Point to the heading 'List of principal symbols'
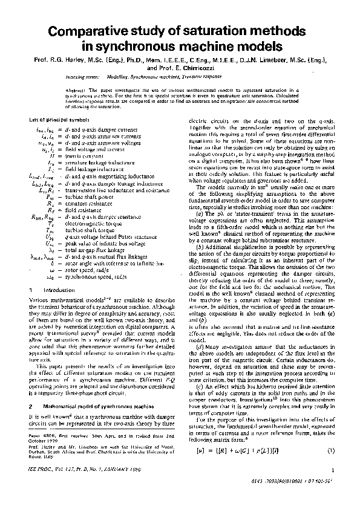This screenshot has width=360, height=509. pyautogui.click(x=55, y=120)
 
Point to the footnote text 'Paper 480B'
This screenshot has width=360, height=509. pyautogui.click(x=42, y=417)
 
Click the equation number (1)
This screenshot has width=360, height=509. pyautogui.click(x=330, y=451)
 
